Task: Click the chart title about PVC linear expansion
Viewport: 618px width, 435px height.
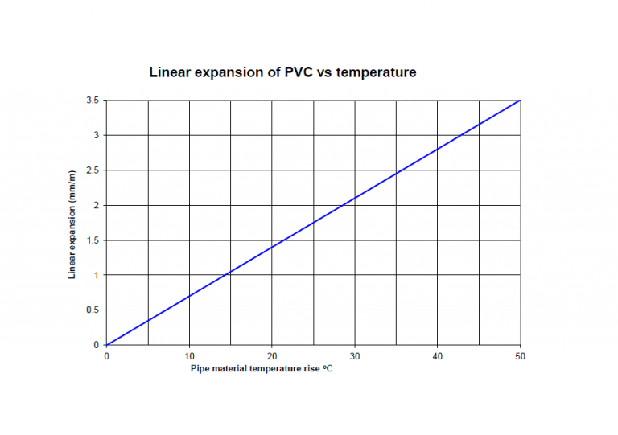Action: pyautogui.click(x=282, y=72)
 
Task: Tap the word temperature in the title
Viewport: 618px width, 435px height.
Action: pyautogui.click(x=377, y=72)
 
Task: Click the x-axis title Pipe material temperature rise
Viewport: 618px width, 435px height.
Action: pyautogui.click(x=261, y=369)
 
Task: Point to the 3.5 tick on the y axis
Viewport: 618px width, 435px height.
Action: pyautogui.click(x=93, y=101)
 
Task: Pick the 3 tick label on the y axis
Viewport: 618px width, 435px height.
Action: pyautogui.click(x=97, y=135)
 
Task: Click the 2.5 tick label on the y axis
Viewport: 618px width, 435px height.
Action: pyautogui.click(x=93, y=170)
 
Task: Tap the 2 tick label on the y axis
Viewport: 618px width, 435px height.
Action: pyautogui.click(x=97, y=205)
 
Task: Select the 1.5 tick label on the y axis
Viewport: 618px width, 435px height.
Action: pyautogui.click(x=93, y=240)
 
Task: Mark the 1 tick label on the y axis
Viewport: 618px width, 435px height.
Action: pyautogui.click(x=97, y=275)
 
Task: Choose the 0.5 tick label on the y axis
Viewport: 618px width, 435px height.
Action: pyautogui.click(x=93, y=310)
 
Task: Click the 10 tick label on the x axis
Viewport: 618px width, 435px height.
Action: pyautogui.click(x=189, y=356)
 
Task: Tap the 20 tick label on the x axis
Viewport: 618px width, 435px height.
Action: pyautogui.click(x=272, y=356)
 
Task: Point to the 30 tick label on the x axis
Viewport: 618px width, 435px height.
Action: pyautogui.click(x=355, y=356)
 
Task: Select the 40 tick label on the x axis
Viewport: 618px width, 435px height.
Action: pyautogui.click(x=437, y=356)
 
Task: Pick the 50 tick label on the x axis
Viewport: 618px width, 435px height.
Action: pyautogui.click(x=520, y=356)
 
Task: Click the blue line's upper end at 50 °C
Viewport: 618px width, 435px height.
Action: pyautogui.click(x=520, y=101)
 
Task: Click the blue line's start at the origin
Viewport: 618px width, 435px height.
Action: pyautogui.click(x=107, y=345)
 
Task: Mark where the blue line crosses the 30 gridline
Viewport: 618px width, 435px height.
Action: pyautogui.click(x=355, y=199)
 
